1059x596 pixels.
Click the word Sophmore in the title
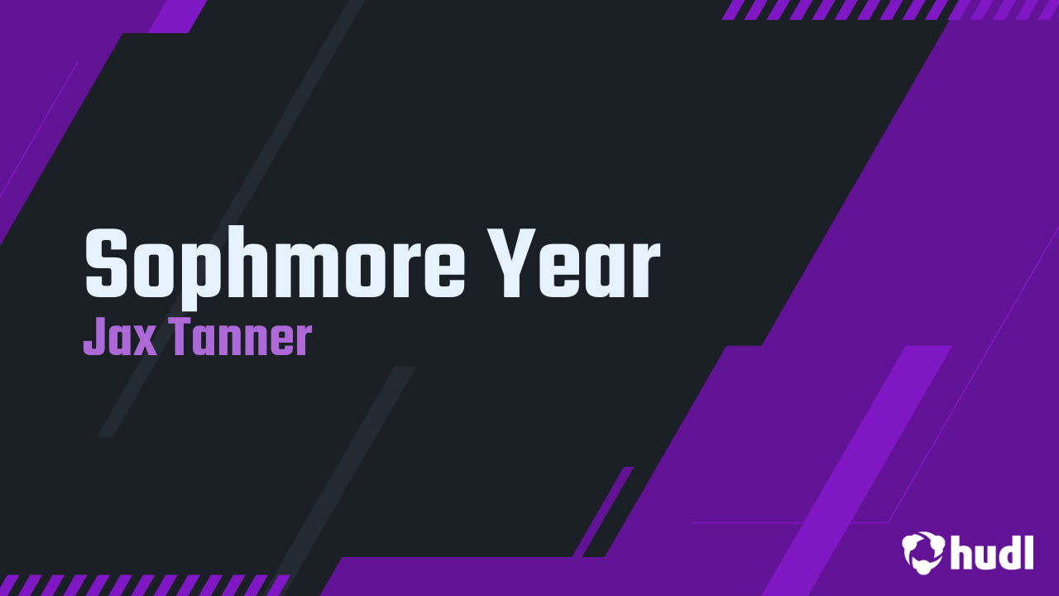click(x=275, y=267)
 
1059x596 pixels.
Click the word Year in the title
click(x=573, y=263)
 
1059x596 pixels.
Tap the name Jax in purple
click(x=120, y=337)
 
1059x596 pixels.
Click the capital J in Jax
click(x=93, y=337)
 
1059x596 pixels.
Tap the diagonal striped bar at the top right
click(x=889, y=9)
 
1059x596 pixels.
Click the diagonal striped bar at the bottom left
click(x=144, y=585)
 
